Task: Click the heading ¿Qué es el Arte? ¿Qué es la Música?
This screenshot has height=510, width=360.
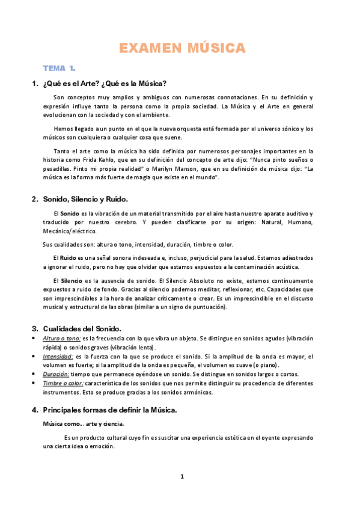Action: click(x=105, y=83)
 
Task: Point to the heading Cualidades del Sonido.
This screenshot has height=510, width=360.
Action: click(x=82, y=328)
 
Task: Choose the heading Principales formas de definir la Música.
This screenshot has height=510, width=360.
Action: click(x=109, y=410)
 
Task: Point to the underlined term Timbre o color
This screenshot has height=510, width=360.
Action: click(x=63, y=383)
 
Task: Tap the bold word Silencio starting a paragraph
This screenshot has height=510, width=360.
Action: click(x=72, y=281)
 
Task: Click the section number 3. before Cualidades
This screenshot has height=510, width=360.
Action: click(x=34, y=328)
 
